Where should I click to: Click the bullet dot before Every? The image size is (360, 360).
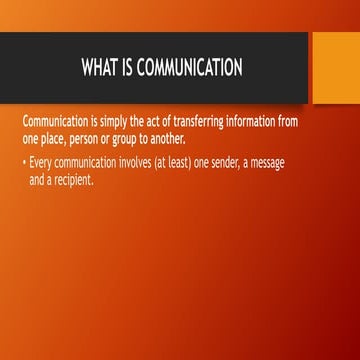pyautogui.click(x=24, y=159)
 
